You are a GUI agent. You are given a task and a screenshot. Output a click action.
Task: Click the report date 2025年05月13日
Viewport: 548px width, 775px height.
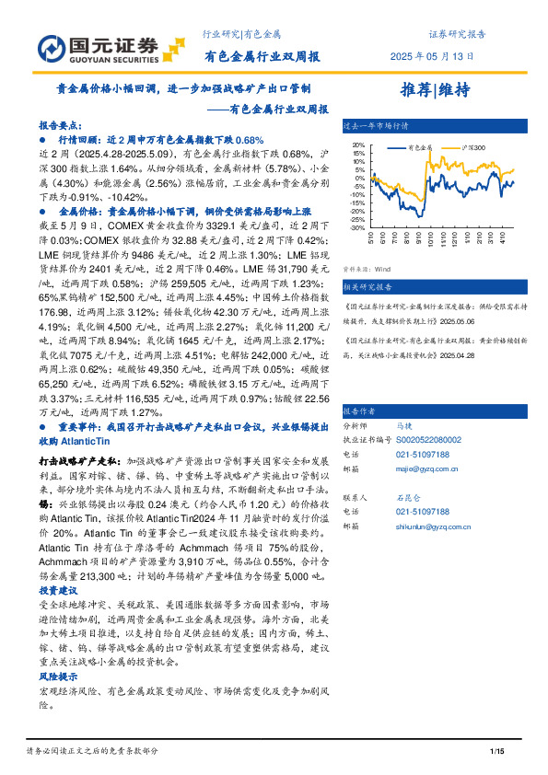pyautogui.click(x=432, y=56)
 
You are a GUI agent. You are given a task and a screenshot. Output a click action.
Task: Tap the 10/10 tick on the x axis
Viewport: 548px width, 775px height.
pyautogui.click(x=431, y=238)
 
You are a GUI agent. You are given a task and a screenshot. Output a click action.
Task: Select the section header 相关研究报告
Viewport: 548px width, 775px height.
pyautogui.click(x=367, y=286)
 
